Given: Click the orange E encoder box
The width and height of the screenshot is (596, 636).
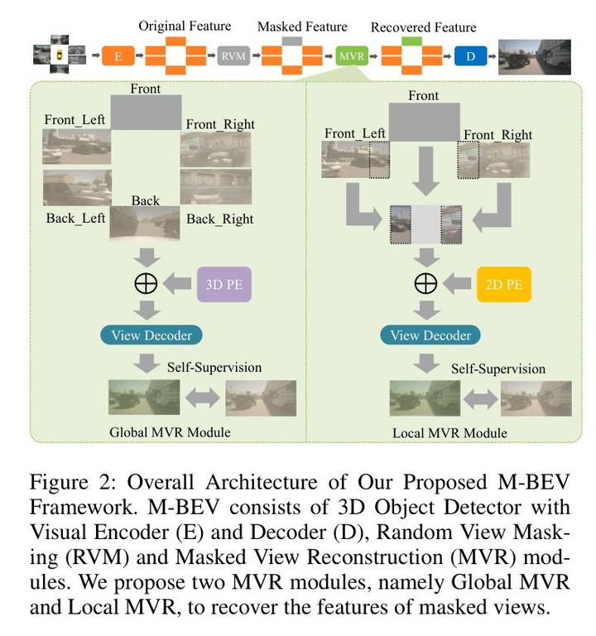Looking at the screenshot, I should point(118,57).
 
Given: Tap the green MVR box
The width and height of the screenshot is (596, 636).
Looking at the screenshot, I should point(349,57).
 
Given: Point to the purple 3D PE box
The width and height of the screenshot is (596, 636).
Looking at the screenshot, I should point(223,284).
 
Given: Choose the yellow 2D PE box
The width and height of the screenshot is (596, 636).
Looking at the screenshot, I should point(502,284).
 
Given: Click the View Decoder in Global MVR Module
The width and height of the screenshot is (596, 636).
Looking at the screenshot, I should point(151,335).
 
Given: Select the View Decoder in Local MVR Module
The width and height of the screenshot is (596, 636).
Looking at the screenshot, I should point(430,335).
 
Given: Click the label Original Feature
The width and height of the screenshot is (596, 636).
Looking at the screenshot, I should point(184,26).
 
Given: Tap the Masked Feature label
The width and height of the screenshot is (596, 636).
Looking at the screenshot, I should point(302,26).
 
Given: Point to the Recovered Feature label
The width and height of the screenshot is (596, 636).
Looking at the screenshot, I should point(424,26).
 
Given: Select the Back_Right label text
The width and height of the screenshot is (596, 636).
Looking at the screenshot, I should point(219,219).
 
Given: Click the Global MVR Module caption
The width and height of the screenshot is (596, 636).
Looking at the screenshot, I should point(170,432).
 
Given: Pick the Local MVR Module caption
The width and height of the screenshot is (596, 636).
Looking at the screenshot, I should point(451,433).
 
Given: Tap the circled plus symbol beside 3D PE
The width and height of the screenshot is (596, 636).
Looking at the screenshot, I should point(146,283).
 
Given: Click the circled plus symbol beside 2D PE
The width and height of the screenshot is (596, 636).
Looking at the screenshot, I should point(425,283).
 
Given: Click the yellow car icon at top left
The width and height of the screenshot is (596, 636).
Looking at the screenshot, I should point(60,56).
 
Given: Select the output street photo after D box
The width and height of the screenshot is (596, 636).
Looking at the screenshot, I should point(535,56).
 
